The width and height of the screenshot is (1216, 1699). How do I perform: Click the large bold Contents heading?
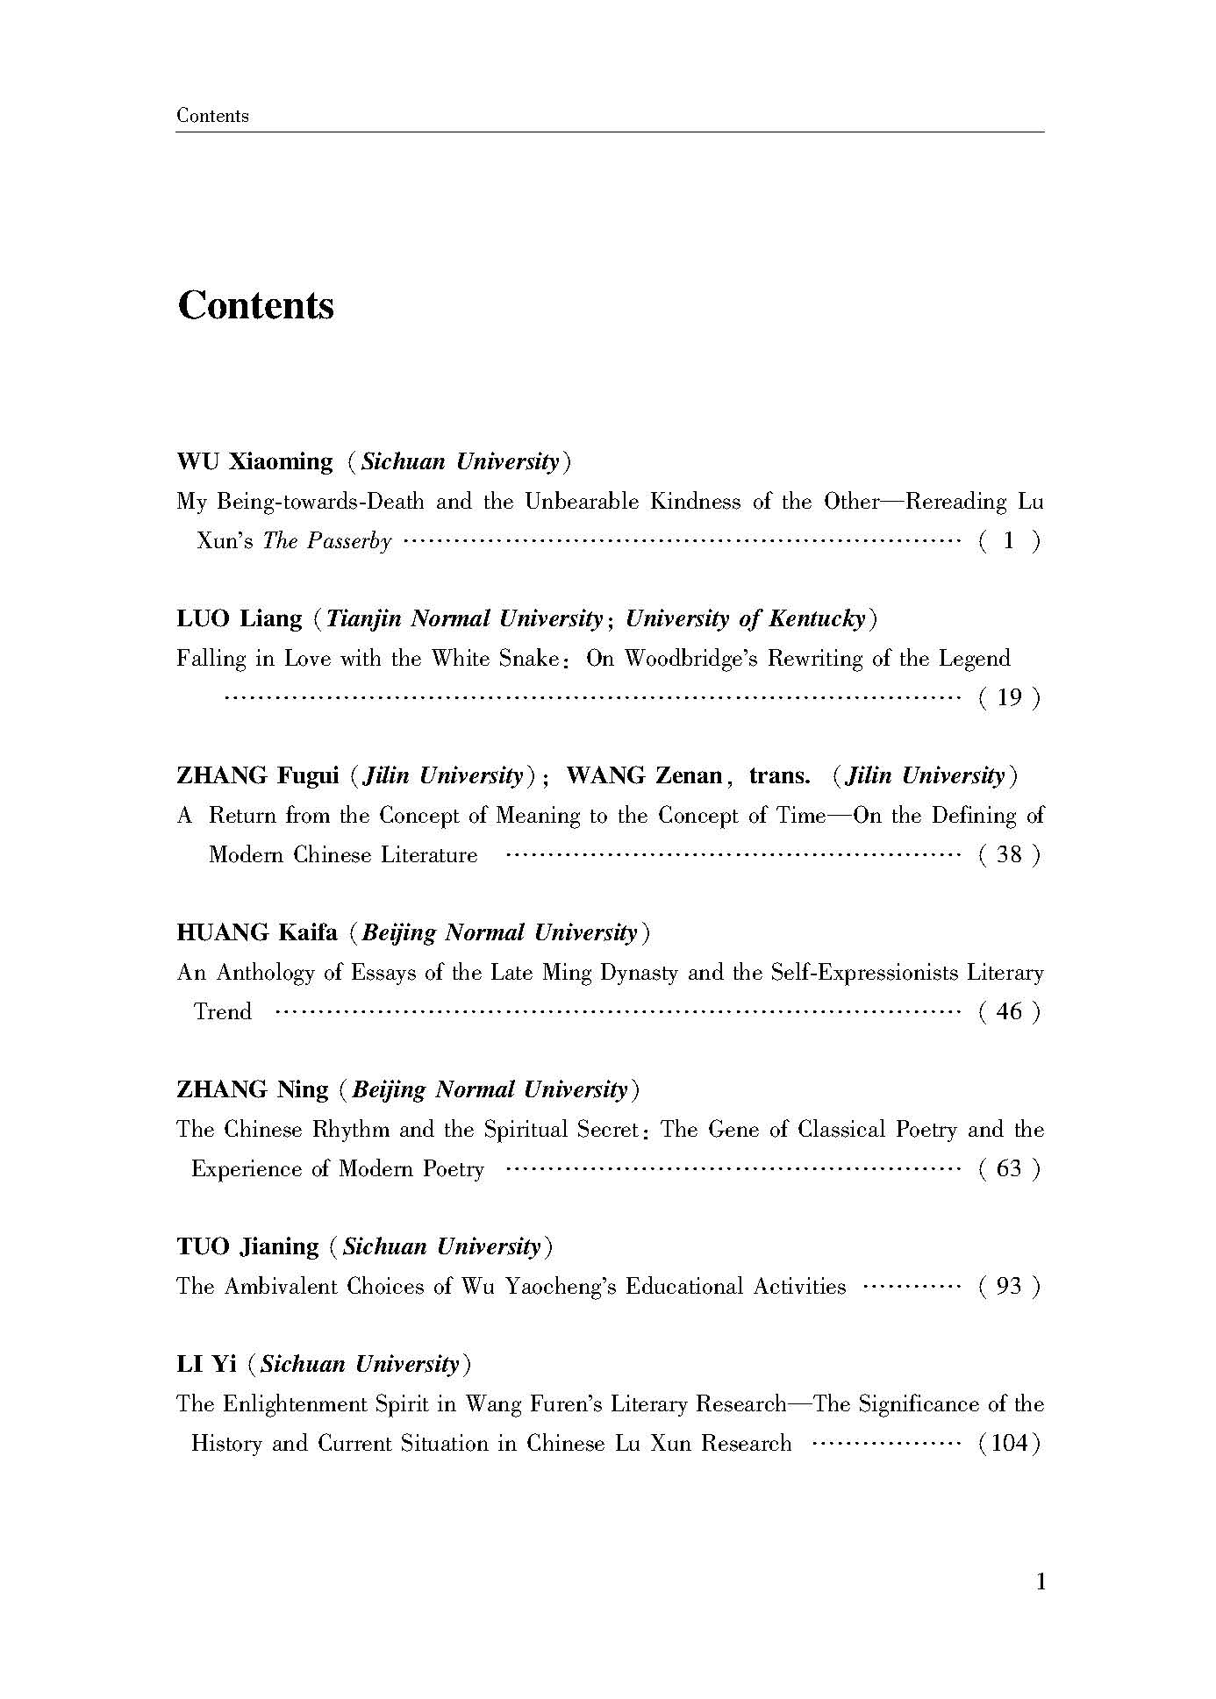pos(255,306)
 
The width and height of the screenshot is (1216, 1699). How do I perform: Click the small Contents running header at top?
pos(212,116)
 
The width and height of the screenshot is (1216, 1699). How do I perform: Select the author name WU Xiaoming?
pos(254,461)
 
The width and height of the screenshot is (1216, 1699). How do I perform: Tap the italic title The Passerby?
pos(326,541)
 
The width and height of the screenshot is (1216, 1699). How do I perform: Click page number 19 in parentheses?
pos(1010,698)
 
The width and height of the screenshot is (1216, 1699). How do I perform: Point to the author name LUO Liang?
pos(240,618)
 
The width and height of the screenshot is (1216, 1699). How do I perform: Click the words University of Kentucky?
pos(745,618)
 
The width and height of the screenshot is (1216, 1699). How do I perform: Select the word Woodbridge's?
pos(692,659)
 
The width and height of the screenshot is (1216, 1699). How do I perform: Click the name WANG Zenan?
pos(644,775)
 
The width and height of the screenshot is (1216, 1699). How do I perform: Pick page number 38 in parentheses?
pos(1010,855)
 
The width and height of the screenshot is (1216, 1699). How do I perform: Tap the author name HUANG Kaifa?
pos(257,932)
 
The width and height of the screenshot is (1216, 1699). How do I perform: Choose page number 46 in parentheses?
pos(1010,1012)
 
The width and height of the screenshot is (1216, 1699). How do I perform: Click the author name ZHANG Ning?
pos(252,1089)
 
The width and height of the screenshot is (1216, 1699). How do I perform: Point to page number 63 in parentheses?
pos(1010,1169)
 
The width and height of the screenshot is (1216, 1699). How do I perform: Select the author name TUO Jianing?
pos(247,1246)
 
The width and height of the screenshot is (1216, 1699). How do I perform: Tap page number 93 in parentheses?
pos(1010,1287)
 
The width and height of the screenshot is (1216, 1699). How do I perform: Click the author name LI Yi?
pos(207,1364)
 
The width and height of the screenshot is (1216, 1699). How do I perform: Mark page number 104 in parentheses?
pos(1010,1444)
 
